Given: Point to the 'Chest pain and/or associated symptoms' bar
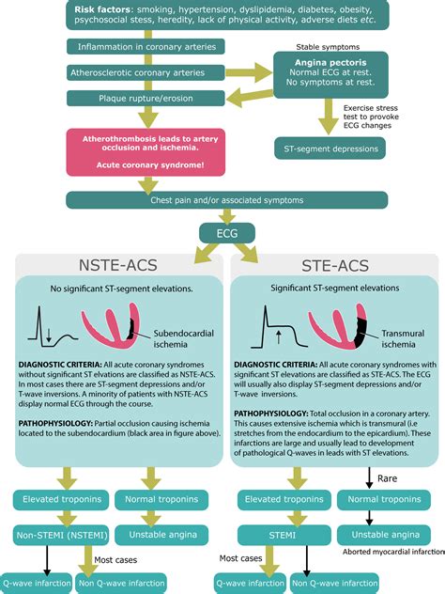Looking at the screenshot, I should pyautogui.click(x=222, y=199).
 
